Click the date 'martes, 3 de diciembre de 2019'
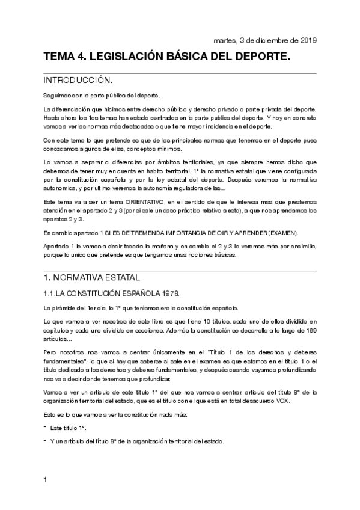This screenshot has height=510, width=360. tap(265, 40)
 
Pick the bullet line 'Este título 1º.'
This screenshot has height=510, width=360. tap(68, 427)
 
